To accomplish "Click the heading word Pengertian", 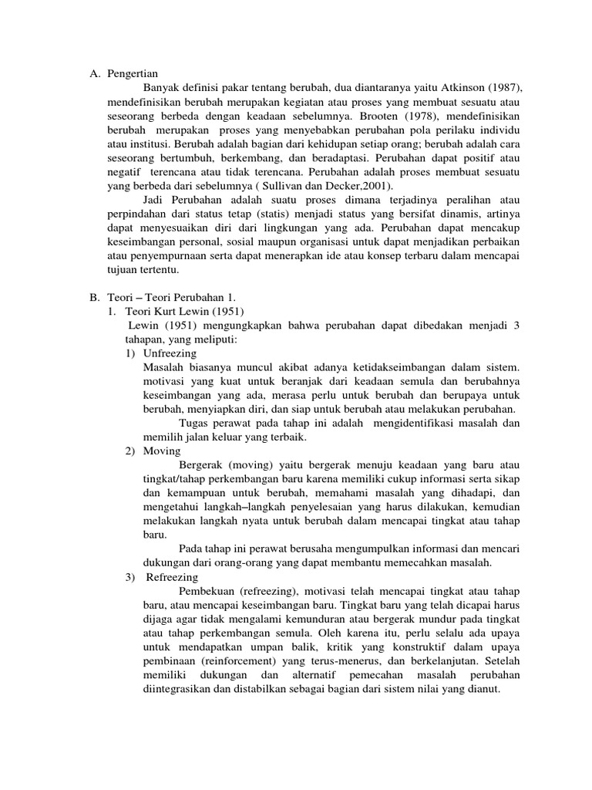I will (132, 74).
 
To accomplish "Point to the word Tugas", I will (193, 423).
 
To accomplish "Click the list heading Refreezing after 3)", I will (172, 577).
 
